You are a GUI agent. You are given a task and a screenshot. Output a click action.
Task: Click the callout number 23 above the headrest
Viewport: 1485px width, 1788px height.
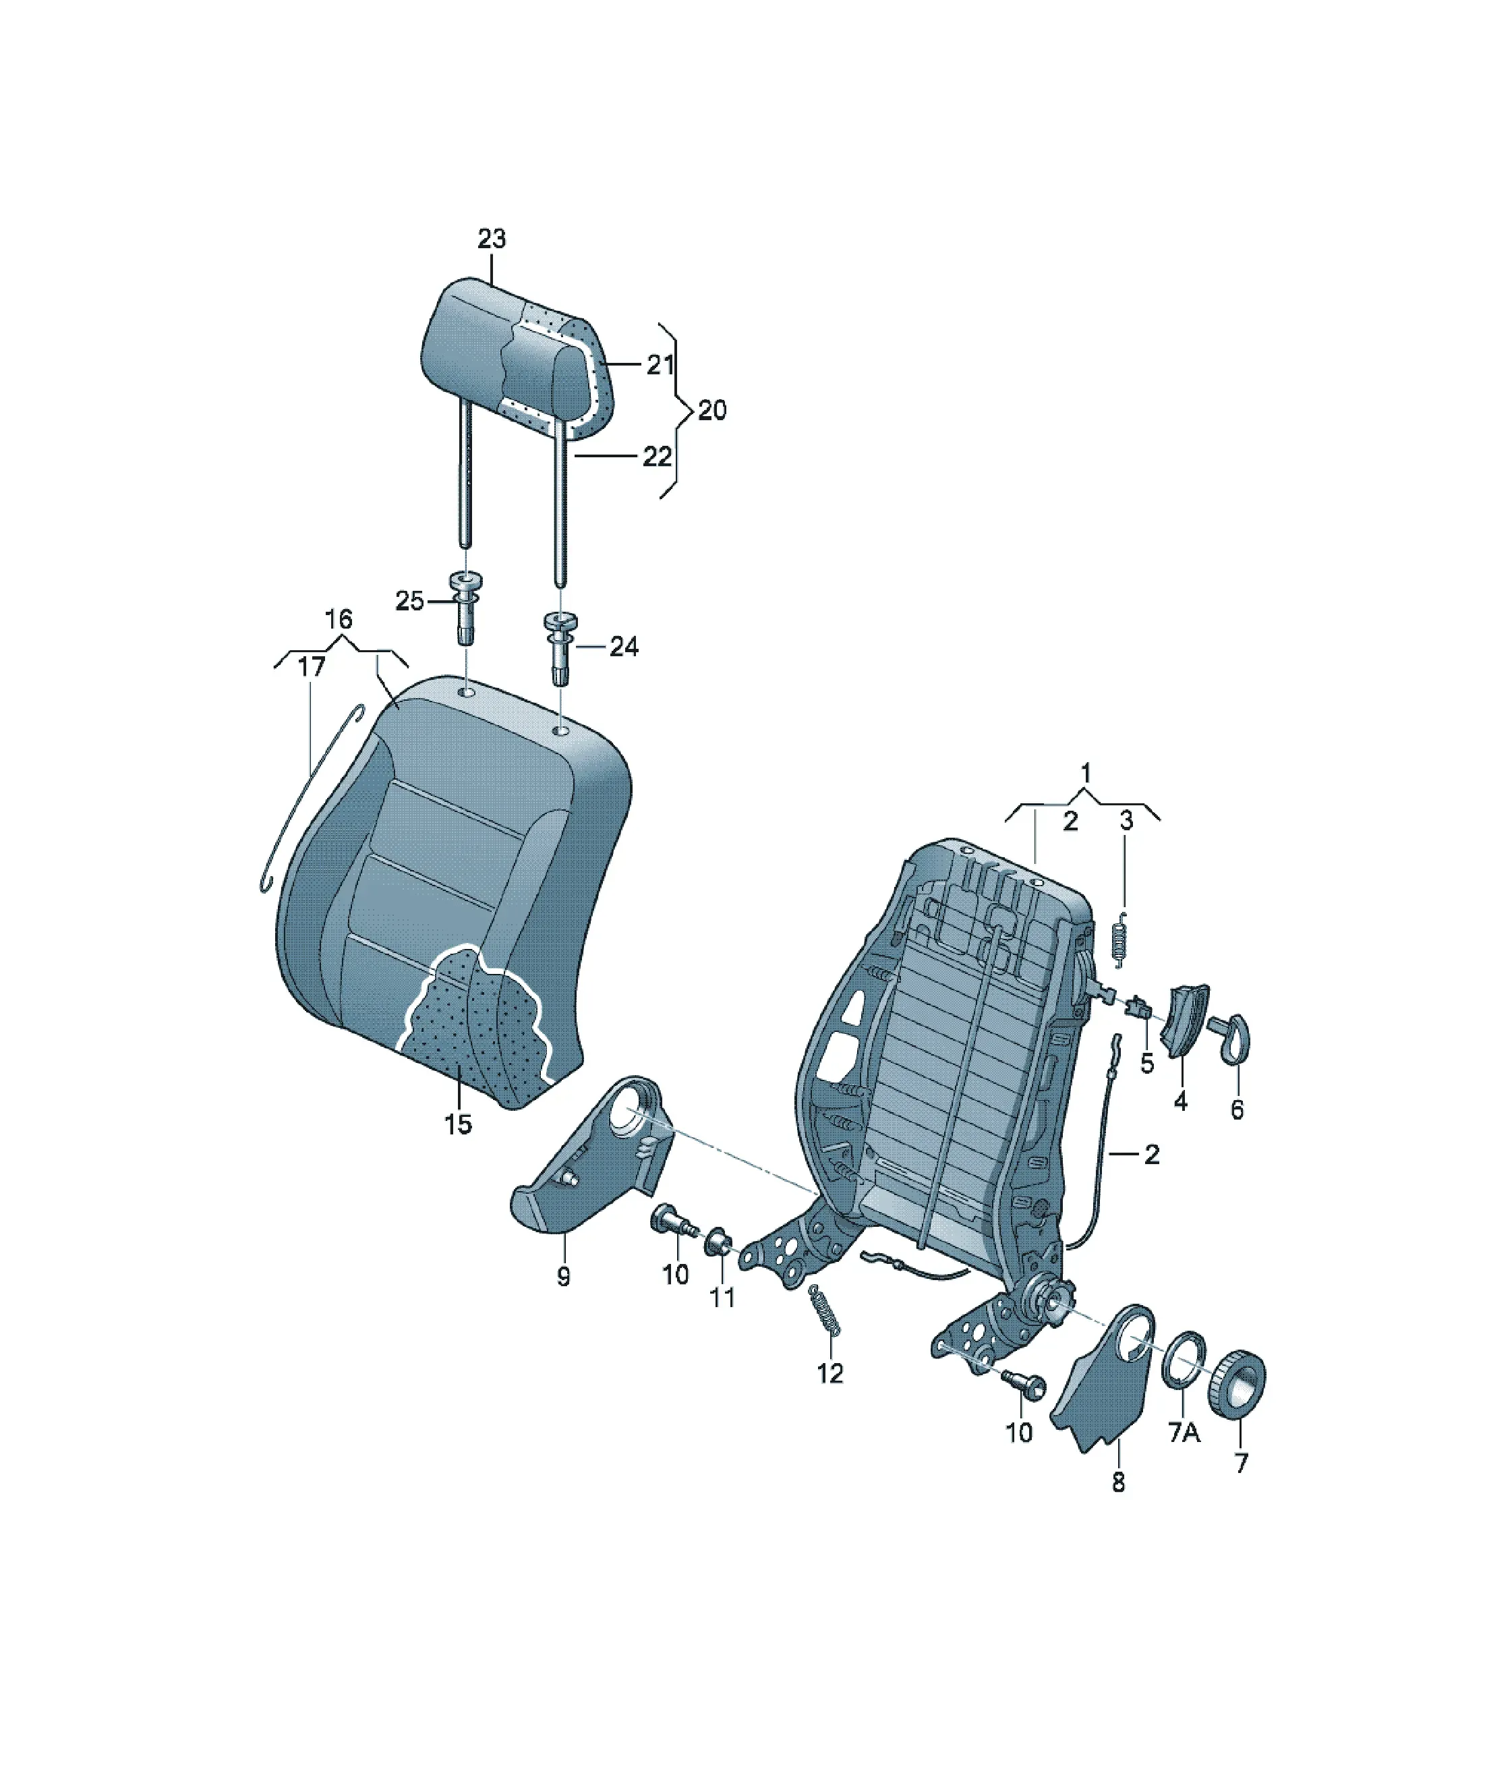click(492, 239)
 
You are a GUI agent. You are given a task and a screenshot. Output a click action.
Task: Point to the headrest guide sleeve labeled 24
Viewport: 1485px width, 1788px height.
click(560, 648)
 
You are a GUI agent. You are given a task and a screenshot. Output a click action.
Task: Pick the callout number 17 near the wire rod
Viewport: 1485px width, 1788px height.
click(312, 666)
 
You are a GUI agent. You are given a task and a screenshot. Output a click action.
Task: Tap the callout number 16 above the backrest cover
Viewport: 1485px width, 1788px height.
click(339, 619)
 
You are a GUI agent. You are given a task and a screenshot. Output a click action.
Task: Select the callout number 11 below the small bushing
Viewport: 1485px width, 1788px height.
click(722, 1298)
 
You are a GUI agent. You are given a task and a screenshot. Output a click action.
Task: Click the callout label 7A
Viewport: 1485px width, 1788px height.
click(1184, 1433)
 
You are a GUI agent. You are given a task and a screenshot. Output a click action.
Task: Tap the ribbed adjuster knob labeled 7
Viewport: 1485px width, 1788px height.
click(1236, 1382)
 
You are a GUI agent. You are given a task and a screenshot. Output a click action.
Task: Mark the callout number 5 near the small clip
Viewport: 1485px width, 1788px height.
click(1147, 1064)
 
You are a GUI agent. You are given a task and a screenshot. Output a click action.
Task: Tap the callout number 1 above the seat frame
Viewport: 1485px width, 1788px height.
click(1086, 773)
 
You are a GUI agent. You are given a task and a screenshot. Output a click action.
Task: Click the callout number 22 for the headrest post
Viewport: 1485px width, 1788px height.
click(656, 457)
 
